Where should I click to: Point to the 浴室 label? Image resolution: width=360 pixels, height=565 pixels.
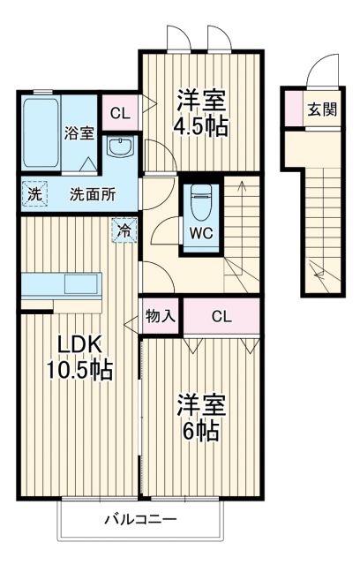pos(79,134)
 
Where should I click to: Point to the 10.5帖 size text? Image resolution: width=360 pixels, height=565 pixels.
pos(79,370)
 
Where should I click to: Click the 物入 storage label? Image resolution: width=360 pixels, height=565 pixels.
pos(159,316)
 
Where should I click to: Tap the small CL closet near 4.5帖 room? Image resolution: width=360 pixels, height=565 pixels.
pos(120,113)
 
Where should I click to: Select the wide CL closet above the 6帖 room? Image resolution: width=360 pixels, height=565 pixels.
pos(221,316)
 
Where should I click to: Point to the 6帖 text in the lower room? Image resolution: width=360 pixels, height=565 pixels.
pos(201,433)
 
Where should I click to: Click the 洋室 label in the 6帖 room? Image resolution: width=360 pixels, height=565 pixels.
pos(200,405)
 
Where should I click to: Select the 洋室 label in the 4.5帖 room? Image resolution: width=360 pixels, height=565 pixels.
pos(202,97)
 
